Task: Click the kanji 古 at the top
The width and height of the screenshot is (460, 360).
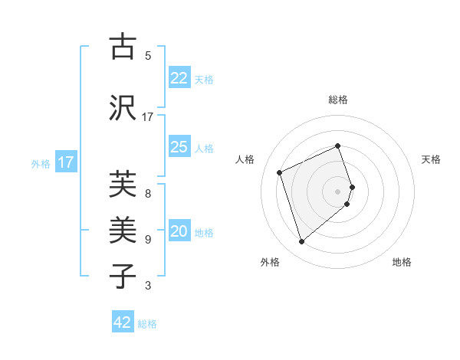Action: [x=123, y=47]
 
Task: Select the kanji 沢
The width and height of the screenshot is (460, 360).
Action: [x=123, y=106]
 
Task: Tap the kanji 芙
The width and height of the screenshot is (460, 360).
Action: [x=123, y=185]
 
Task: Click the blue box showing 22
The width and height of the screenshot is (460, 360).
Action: [x=179, y=78]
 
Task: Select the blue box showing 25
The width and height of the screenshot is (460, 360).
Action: [x=179, y=147]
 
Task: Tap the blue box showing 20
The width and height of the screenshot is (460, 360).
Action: [x=179, y=232]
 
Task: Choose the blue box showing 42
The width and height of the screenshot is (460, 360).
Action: [x=123, y=322]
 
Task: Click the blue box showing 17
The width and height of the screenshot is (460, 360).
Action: [x=66, y=162]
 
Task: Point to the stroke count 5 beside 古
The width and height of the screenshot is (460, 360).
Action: [x=148, y=56]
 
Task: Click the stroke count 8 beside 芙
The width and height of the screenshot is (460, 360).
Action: [x=148, y=194]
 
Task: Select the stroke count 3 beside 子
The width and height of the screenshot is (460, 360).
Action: [x=148, y=286]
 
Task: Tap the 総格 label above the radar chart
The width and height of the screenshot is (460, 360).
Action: [x=338, y=100]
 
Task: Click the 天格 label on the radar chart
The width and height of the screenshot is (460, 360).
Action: [x=432, y=159]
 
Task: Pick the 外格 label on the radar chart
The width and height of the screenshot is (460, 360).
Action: [x=270, y=262]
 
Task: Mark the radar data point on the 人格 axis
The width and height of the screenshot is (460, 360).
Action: [x=280, y=172]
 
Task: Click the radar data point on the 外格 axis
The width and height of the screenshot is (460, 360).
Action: [x=301, y=242]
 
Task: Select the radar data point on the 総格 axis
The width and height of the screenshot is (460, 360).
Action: [x=338, y=146]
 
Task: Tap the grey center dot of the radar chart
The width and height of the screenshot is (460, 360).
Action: [x=338, y=191]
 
